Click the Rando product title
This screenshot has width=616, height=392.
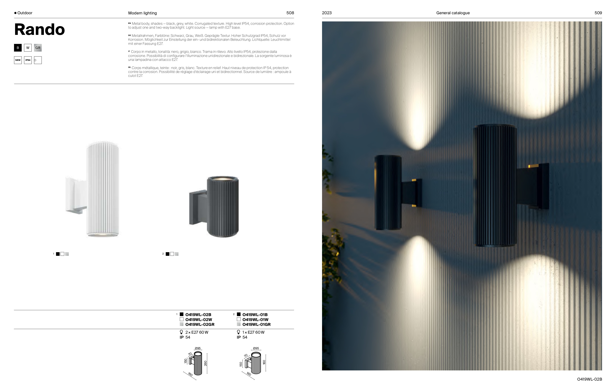pyautogui.click(x=39, y=29)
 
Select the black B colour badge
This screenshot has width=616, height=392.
pyautogui.click(x=18, y=48)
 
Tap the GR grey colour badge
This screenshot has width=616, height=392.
pyautogui.click(x=38, y=48)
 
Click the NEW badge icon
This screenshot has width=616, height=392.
pyautogui.click(x=18, y=60)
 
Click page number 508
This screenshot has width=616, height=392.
pyautogui.click(x=290, y=13)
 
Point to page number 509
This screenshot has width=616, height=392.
pyautogui.click(x=598, y=13)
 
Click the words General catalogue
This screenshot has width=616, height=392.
pyautogui.click(x=453, y=13)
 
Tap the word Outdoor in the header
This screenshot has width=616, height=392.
pyautogui.click(x=25, y=13)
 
